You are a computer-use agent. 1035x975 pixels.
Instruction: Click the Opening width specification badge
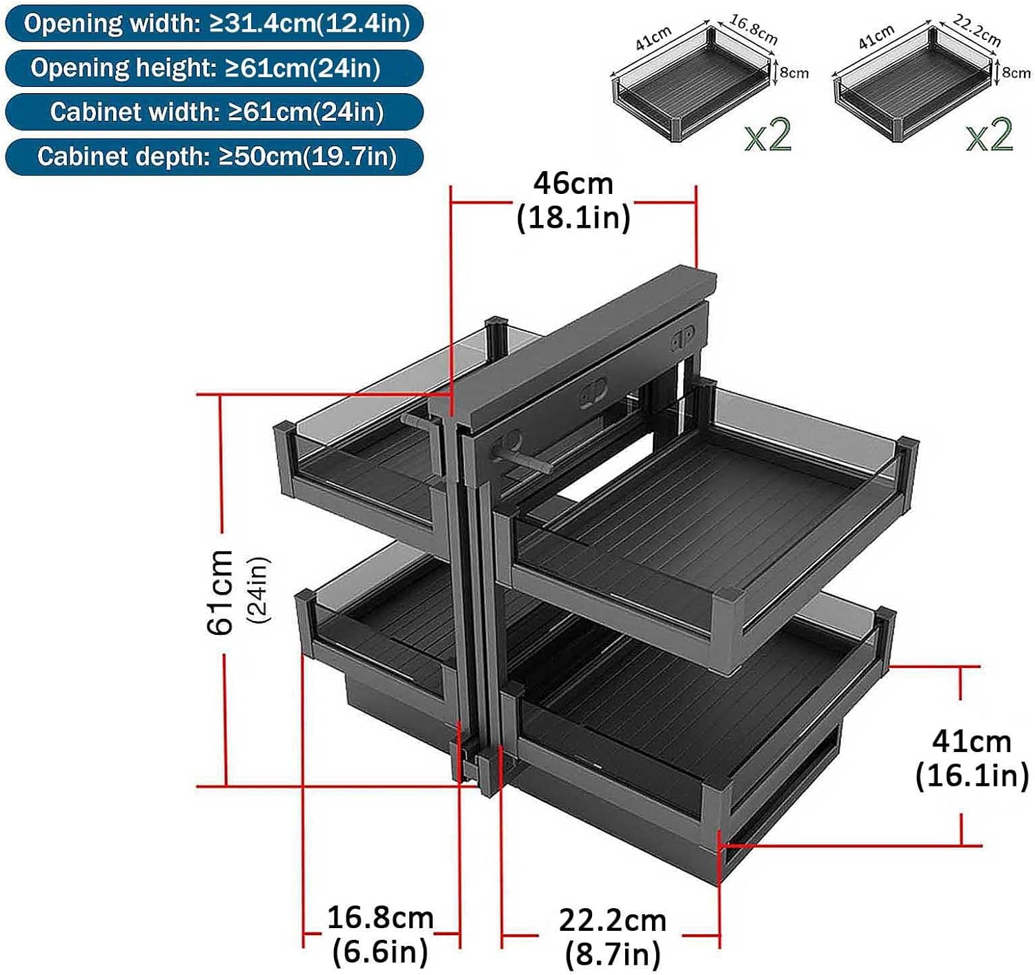(214, 23)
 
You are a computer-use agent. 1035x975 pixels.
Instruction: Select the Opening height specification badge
(214, 68)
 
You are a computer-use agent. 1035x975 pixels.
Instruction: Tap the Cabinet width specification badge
(214, 112)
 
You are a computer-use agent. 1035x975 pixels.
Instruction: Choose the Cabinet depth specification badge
(214, 157)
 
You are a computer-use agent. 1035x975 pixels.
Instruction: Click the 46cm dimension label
(573, 184)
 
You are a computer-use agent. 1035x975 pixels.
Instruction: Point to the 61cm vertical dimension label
(221, 591)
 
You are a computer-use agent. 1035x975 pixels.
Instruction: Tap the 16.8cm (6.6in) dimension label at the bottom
(380, 934)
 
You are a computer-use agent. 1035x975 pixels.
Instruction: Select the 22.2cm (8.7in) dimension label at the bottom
(613, 937)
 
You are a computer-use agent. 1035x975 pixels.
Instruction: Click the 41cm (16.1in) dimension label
(972, 758)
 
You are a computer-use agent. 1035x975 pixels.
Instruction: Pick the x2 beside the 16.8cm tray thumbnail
(768, 135)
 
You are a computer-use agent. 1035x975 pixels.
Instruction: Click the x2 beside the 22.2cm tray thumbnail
(989, 135)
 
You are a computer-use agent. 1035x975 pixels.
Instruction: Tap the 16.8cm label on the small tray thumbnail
(753, 30)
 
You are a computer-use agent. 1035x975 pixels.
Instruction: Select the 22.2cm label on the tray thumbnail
(976, 30)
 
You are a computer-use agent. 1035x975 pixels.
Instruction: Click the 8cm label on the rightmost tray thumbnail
(1016, 72)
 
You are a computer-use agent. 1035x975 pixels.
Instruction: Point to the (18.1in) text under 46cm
(573, 217)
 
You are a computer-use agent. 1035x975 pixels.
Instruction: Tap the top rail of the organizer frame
(573, 345)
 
